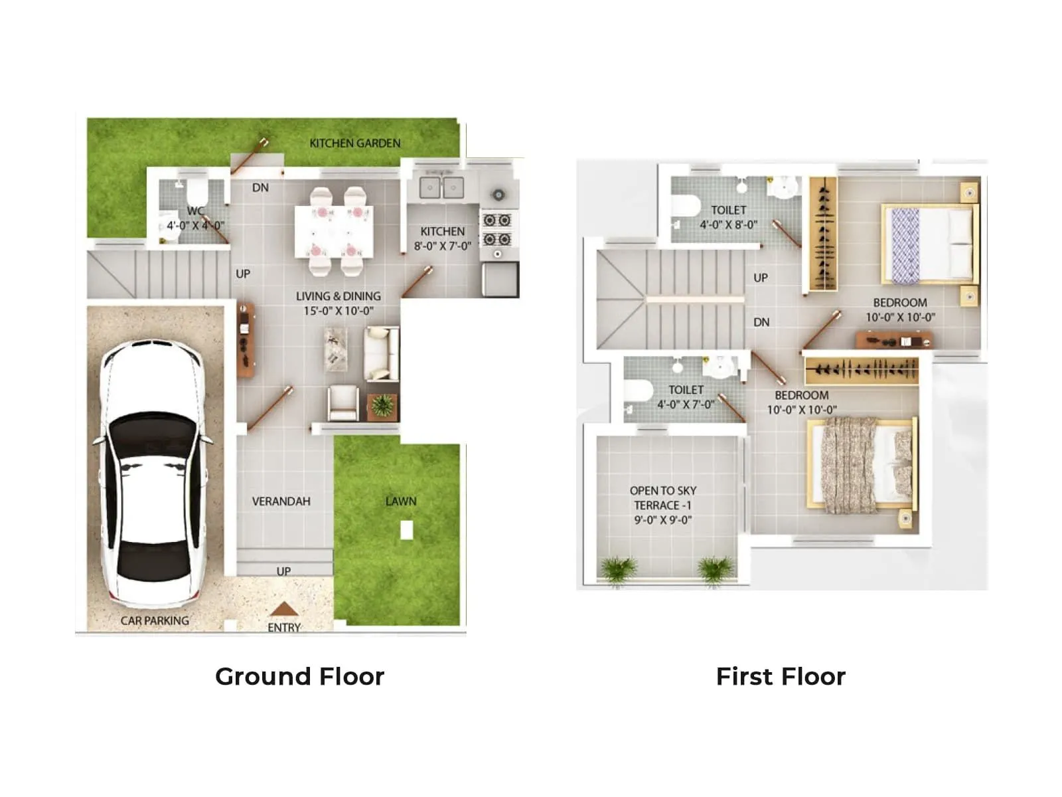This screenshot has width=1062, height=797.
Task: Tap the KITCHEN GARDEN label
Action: click(x=354, y=143)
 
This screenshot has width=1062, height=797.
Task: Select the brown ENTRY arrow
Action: click(x=284, y=609)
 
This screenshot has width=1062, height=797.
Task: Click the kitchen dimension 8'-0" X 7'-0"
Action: click(x=442, y=246)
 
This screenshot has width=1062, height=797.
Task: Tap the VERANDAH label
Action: click(x=281, y=501)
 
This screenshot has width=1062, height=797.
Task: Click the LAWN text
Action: click(x=401, y=501)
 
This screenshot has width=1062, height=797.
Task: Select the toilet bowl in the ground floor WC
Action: click(x=197, y=193)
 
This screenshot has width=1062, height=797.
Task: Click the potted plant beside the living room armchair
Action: click(x=382, y=406)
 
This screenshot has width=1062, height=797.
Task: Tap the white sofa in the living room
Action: click(x=381, y=353)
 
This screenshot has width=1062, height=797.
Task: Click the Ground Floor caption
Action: click(x=299, y=676)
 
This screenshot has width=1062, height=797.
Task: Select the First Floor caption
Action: click(x=781, y=676)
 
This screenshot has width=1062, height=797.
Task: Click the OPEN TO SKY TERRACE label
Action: click(x=662, y=498)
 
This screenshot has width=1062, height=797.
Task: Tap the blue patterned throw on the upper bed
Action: click(x=905, y=245)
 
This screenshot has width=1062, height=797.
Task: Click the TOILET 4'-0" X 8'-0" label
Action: click(x=728, y=217)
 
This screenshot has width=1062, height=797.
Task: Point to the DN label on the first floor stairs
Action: click(x=761, y=322)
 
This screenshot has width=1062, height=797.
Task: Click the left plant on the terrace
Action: click(x=618, y=569)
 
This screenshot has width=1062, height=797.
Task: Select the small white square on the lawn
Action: click(x=407, y=530)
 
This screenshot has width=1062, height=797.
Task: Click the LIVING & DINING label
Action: click(x=338, y=296)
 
